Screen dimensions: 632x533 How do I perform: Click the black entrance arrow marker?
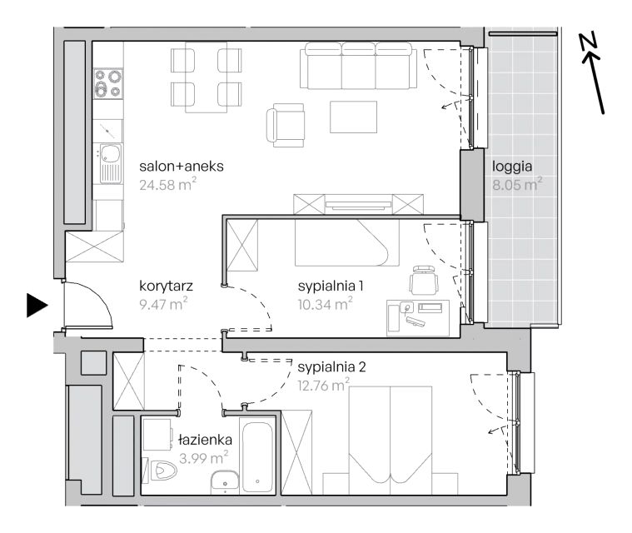37,305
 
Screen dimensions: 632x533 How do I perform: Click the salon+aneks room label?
182,166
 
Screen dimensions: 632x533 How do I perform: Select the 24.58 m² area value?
167,184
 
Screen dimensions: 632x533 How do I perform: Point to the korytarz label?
166,286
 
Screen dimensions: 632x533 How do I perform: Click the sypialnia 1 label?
331,286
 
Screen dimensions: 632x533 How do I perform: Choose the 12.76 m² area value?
324,385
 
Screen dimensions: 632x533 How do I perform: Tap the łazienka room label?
206,440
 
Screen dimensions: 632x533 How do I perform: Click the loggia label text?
512,167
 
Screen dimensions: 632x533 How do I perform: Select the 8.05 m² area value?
517,184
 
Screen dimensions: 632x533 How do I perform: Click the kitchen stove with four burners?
108,84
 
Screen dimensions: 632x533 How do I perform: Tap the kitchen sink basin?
110,153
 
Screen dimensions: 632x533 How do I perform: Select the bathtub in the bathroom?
257,456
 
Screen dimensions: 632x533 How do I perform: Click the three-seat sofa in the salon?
358,66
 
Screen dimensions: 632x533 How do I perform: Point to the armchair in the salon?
286,126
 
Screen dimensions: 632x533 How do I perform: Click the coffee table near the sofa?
354,117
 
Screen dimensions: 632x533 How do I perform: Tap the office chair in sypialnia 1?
423,280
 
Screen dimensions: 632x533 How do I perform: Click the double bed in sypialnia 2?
391,441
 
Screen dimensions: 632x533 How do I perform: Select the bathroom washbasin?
225,482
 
